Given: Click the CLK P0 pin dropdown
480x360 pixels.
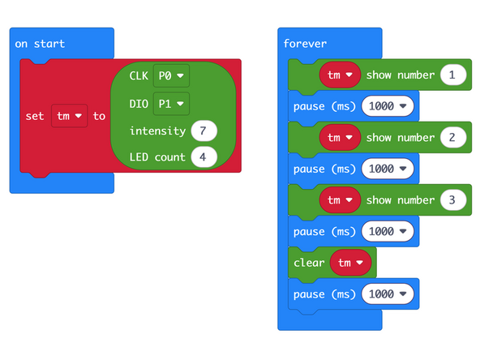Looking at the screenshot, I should (170, 75).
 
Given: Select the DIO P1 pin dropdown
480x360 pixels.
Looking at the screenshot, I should (170, 103).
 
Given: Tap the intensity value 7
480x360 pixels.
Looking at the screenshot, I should (203, 130).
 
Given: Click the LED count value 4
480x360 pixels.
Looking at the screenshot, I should (203, 156).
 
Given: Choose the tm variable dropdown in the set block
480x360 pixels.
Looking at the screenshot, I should (68, 116).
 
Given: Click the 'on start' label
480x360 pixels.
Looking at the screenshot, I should (40, 43).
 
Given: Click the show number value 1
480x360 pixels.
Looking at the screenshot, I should (452, 75).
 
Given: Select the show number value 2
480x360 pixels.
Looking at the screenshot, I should (452, 138).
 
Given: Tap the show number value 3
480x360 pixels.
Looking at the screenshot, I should (452, 200).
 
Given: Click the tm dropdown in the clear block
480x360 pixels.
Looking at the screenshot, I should (351, 263).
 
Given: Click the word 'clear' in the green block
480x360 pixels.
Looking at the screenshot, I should (309, 263).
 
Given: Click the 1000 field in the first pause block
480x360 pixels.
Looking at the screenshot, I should (387, 106).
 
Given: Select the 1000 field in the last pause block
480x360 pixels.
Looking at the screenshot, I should (387, 294).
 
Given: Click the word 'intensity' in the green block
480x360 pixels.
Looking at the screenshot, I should (157, 131).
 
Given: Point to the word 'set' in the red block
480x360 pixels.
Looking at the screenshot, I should (35, 116).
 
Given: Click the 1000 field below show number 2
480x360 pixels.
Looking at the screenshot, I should (387, 169).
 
